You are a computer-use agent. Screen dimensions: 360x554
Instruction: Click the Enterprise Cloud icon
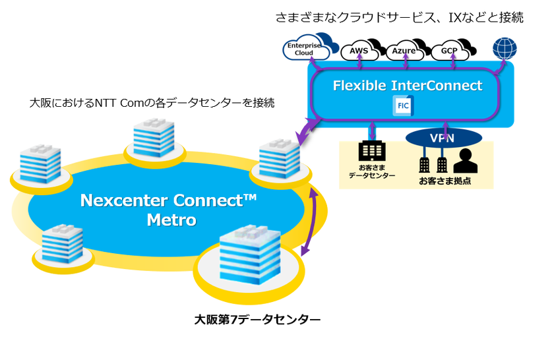pos(305,49)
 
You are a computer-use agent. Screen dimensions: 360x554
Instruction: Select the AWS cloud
pos(359,50)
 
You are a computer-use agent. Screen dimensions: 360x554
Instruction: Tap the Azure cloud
pos(404,50)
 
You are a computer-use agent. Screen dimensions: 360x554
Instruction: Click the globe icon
pos(505,48)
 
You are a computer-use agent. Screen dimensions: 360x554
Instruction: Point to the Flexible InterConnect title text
pos(408,86)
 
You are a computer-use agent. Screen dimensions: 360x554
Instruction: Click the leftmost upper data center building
pos(40,164)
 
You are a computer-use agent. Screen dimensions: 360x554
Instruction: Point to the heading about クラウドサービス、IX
pos(399,18)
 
